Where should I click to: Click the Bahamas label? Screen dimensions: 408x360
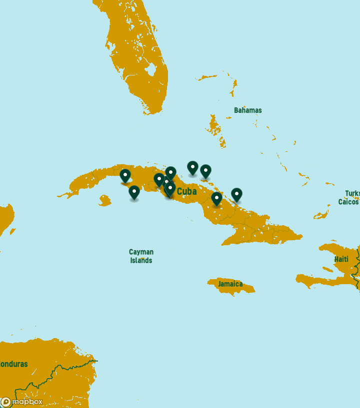[247, 110]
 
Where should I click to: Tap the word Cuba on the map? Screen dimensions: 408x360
[186, 191]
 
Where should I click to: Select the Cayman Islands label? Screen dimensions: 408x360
[141, 256]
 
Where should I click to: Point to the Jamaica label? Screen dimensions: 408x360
[230, 284]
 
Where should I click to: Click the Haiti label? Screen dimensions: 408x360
[341, 259]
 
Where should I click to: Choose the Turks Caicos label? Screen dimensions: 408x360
[348, 198]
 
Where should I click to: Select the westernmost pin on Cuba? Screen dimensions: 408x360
[125, 176]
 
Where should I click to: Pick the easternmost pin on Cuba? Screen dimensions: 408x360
[236, 195]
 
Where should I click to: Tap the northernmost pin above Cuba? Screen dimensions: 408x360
[192, 168]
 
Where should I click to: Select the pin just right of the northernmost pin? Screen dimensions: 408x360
[205, 171]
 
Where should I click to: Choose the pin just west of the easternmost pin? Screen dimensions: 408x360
[216, 199]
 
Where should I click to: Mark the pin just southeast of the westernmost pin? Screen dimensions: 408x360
[134, 192]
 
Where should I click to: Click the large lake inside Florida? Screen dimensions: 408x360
[151, 69]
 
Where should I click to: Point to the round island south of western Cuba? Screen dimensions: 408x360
[104, 201]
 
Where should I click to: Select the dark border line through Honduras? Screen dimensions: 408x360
[55, 372]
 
